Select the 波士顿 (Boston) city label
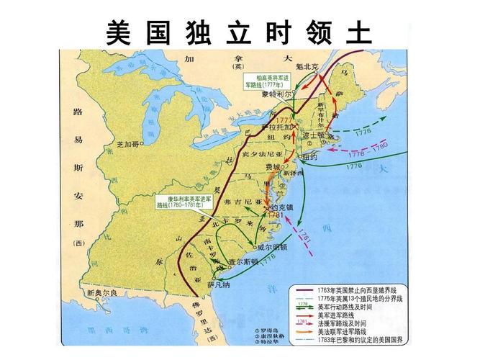314,134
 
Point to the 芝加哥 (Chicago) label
127,144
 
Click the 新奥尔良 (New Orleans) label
100,293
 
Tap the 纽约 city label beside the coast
310,156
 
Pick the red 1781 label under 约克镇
276,215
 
